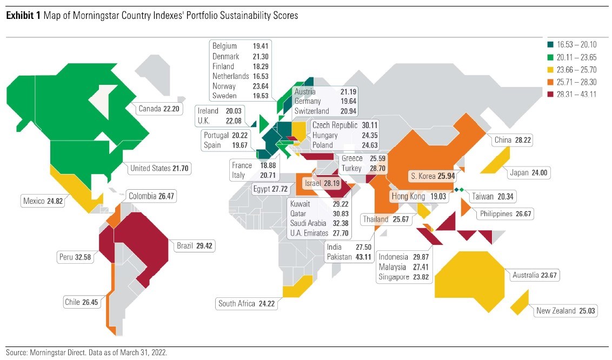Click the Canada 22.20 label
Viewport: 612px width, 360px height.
point(158,109)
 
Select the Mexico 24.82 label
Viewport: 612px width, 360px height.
point(43,202)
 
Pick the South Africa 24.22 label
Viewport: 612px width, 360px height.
point(247,304)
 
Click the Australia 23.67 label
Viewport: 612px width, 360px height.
point(534,275)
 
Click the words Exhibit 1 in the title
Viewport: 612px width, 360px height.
point(22,16)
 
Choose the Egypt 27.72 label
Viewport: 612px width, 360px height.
point(271,189)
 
